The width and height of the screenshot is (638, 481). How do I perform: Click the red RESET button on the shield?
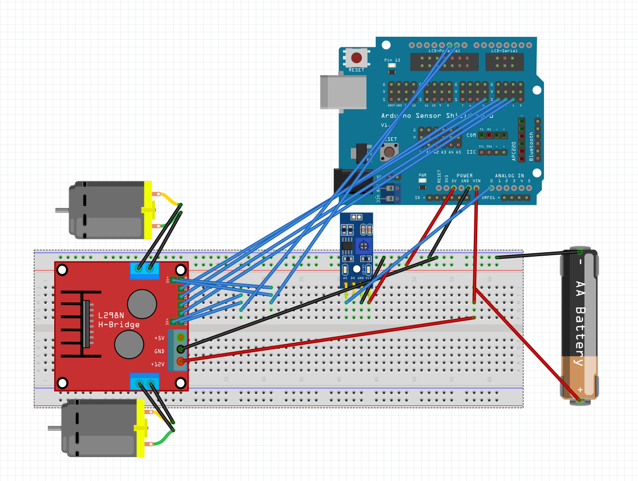[356, 58]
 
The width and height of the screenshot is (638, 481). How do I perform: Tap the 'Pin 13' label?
[392, 60]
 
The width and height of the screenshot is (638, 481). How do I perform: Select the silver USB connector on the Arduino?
[343, 92]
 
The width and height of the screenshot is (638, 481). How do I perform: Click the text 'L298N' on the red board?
[111, 315]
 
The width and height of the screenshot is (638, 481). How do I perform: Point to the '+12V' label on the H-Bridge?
[158, 365]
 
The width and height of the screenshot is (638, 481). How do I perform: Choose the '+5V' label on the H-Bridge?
[159, 338]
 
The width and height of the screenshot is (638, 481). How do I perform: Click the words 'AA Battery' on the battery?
[580, 323]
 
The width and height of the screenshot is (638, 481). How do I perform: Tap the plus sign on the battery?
[580, 389]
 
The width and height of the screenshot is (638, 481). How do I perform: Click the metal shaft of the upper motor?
[62, 210]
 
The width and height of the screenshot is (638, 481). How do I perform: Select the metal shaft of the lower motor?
[54, 428]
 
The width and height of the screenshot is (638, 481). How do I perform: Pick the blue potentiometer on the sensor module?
[364, 246]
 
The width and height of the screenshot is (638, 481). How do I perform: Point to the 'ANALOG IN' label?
[509, 176]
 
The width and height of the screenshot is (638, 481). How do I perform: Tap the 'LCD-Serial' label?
[504, 51]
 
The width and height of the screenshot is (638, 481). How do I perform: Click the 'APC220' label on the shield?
[514, 151]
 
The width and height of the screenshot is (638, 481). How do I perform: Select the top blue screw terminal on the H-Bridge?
[145, 269]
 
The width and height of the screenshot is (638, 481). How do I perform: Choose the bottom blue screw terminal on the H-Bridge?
[145, 383]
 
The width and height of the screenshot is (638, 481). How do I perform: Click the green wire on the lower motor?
[162, 441]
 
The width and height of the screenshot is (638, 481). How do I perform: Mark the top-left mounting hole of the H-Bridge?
[62, 270]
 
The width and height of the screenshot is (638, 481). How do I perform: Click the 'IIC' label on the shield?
[471, 152]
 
